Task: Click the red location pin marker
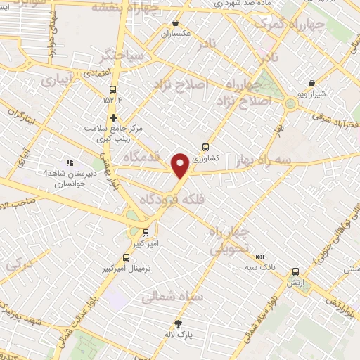(180, 165)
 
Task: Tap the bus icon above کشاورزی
(205, 147)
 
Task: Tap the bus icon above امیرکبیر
(146, 233)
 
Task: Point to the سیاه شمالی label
(172, 297)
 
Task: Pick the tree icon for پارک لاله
(178, 323)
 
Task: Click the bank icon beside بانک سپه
(259, 257)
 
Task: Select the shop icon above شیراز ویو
(311, 83)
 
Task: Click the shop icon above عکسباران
(176, 22)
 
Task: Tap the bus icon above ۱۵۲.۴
(112, 89)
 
